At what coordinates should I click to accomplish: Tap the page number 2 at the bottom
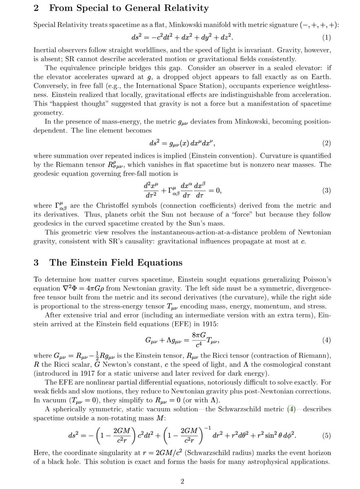point(183,482)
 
